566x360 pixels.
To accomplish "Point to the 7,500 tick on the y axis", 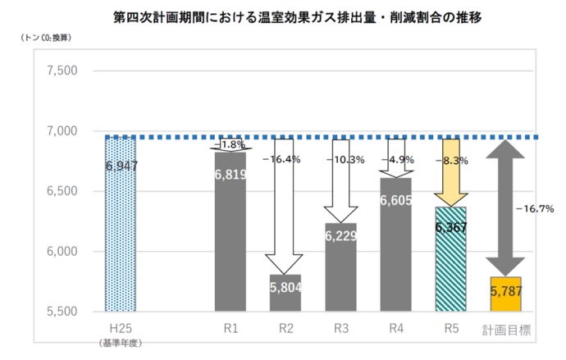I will (62, 71).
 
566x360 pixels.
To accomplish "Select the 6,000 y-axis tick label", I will (62, 252).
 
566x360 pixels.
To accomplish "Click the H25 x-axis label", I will (120, 327).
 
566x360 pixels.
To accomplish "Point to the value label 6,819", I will (231, 174).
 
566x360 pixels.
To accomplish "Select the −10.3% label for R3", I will (345, 159).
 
